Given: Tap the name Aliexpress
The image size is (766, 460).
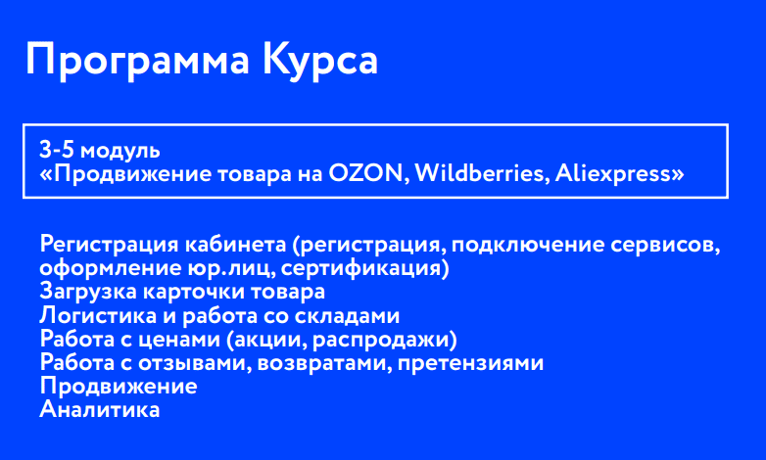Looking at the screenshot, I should (613, 174).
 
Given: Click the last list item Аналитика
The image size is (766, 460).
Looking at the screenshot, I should (99, 410).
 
